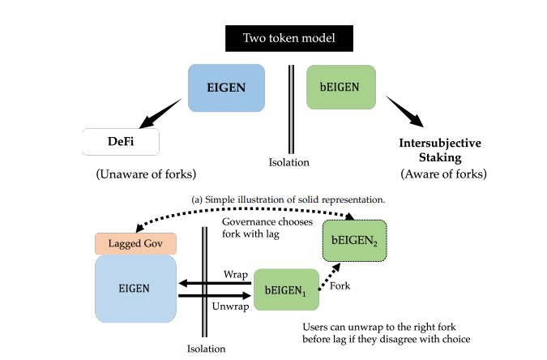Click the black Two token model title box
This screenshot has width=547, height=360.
288,38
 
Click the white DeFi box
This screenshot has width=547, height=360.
121,142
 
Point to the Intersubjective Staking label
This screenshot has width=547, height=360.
440,149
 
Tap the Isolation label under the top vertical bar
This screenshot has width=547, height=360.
289,162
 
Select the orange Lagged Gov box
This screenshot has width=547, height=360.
135,243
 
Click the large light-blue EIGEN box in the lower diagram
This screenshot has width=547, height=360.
135,288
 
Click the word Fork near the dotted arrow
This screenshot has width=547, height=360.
343,286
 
